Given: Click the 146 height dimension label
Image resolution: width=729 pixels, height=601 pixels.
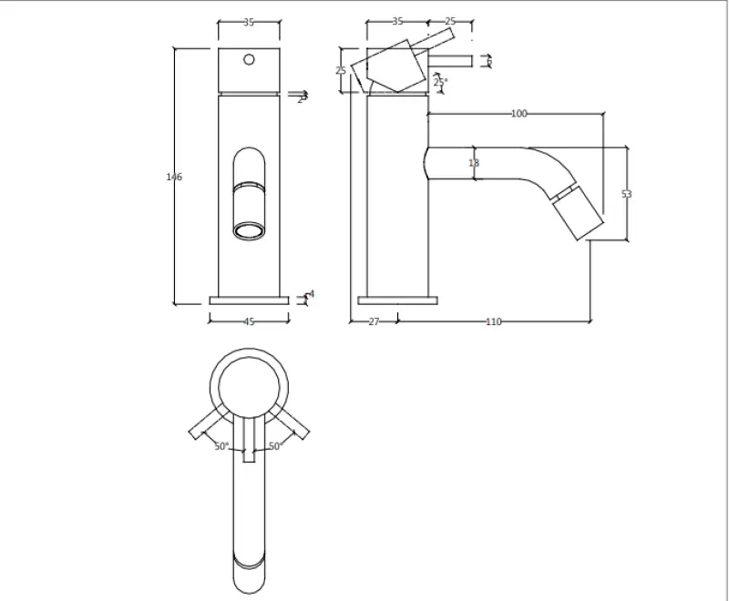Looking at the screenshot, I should coord(174,177).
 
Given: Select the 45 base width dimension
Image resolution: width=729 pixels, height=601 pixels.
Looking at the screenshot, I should coord(249,321).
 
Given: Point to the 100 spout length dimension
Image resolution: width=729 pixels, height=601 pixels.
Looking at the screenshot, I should coord(519,114).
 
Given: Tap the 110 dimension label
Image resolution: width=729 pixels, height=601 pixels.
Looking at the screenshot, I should coord(493,321).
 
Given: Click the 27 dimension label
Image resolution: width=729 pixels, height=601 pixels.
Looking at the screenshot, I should coord(374,321).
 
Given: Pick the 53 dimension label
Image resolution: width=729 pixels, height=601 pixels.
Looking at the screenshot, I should coord(626,194).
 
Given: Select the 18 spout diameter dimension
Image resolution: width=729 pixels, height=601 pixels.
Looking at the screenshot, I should coord(473,163).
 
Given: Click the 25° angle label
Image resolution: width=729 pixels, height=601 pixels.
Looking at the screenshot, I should coord(440,83).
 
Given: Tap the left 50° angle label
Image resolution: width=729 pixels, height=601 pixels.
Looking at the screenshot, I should coord(221,446).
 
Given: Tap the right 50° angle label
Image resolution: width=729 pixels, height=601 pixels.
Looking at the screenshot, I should coord(276,446).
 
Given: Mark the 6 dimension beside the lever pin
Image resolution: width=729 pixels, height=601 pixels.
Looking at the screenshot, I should coord(489,61).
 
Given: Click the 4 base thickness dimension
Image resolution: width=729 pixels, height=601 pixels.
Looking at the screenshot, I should coord(311,295).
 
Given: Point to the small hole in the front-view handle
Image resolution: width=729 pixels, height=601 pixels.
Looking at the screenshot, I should coord(249,61).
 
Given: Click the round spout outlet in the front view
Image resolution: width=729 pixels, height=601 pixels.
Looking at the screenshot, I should coord(249,230).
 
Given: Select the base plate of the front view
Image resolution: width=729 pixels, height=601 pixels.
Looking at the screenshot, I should coord(249,300).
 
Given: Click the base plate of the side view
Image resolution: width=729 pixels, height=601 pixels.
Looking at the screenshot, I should coord(397,300).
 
